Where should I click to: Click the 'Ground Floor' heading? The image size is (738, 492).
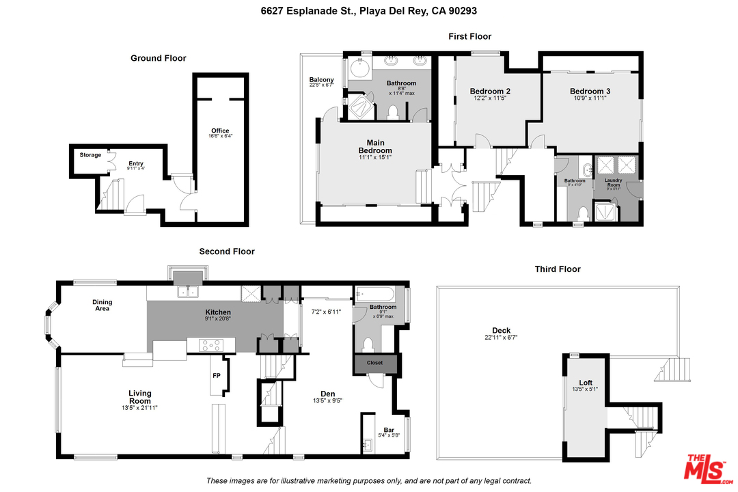158,58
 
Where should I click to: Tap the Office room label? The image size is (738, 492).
220,131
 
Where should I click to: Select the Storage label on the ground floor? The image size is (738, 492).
90,155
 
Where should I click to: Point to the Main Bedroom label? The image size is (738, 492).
375,146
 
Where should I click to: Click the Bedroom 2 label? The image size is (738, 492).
490,92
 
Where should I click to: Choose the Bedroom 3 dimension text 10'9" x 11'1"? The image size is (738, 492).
590,98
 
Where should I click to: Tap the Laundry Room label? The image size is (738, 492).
613,182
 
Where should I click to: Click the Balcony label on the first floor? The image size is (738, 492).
321,79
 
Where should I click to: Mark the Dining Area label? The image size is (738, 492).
102,305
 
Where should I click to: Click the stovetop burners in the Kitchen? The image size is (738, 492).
210,345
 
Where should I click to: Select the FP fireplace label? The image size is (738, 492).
217,376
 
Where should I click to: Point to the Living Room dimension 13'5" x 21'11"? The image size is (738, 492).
139,408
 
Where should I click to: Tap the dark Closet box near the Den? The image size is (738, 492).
375,363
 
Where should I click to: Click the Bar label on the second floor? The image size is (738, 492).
389,430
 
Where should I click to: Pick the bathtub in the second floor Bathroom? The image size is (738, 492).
375,295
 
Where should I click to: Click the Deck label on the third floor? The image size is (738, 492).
502,331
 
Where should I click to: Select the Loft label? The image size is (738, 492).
586,383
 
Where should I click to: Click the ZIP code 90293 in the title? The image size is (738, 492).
462,11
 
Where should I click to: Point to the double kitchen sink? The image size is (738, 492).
188,292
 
